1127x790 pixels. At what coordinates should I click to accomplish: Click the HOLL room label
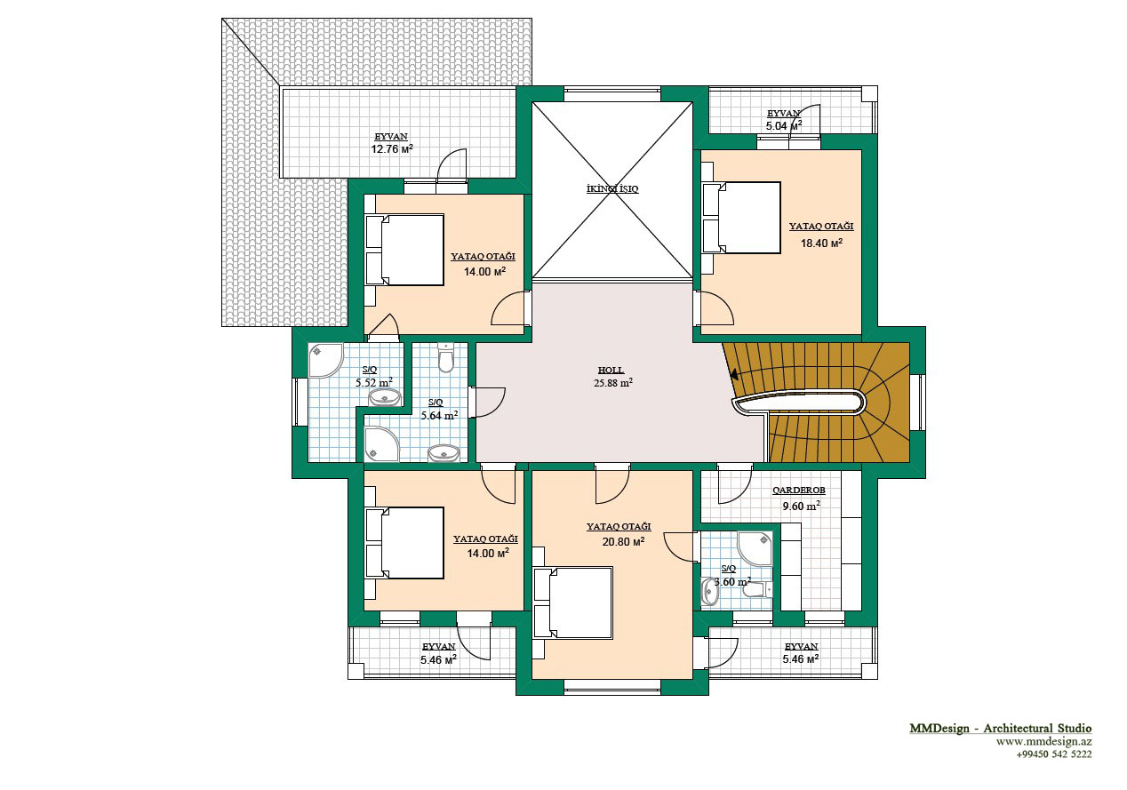click(611, 370)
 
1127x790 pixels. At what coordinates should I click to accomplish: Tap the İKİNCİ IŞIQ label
click(612, 189)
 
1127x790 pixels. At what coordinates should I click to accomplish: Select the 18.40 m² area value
click(821, 243)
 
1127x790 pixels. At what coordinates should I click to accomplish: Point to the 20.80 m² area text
click(623, 541)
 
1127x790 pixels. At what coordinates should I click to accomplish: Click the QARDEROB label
click(799, 491)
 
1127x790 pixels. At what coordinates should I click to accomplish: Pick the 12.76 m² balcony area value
click(392, 148)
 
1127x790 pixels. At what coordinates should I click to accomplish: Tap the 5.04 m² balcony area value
click(784, 126)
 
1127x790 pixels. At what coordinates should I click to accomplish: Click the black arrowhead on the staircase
click(734, 374)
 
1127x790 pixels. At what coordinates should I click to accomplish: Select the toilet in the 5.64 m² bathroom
click(446, 357)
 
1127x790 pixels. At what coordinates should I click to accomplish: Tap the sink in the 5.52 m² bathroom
click(386, 398)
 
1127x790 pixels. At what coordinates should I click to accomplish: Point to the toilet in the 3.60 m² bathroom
click(758, 589)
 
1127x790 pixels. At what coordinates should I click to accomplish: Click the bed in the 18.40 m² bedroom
click(741, 218)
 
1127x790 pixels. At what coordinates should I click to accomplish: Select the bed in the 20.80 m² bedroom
click(573, 602)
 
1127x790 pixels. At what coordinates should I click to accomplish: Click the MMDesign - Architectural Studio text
click(1000, 728)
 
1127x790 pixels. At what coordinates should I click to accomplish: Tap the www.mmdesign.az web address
click(1044, 742)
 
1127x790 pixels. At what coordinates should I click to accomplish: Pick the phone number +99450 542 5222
click(1054, 754)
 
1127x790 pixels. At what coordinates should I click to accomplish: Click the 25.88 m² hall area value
click(612, 383)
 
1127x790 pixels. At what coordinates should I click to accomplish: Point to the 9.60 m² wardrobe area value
click(801, 507)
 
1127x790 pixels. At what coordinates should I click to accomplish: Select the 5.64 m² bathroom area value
click(439, 416)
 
